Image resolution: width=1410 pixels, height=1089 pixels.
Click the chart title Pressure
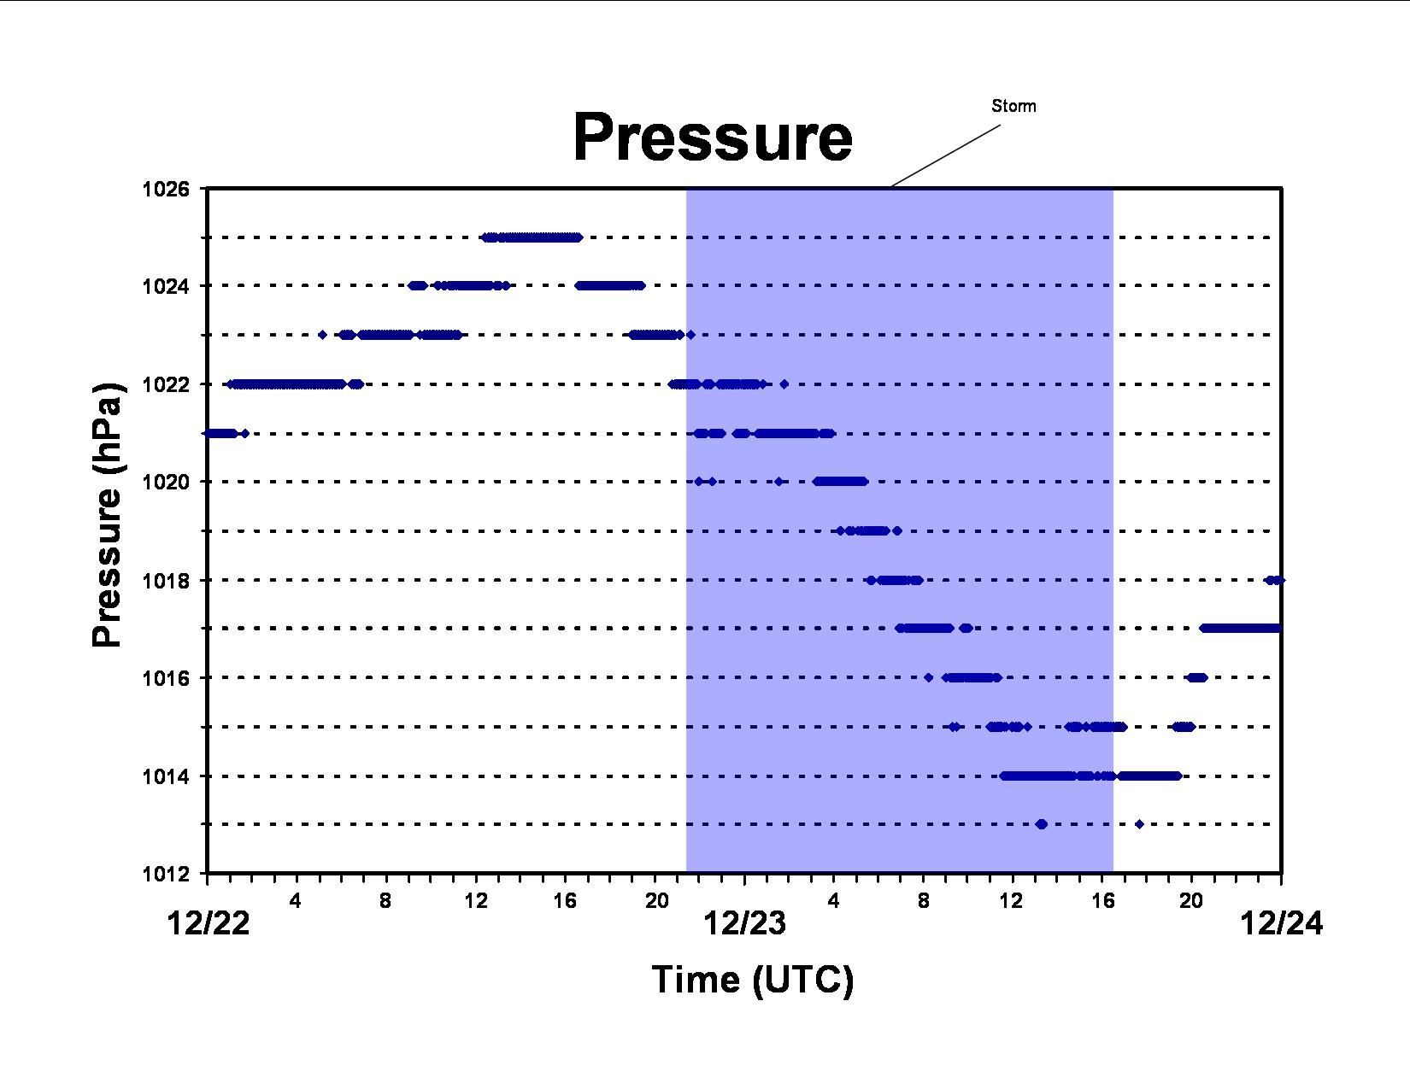(x=713, y=138)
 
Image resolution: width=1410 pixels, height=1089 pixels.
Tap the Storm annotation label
(x=1013, y=106)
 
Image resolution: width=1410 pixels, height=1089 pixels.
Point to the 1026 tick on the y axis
(x=166, y=190)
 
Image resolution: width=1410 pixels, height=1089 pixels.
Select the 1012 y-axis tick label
(x=166, y=875)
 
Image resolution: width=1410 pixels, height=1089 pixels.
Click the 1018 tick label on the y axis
(x=166, y=581)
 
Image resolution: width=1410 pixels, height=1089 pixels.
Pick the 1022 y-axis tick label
(x=166, y=384)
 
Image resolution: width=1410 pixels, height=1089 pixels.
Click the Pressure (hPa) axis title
(x=107, y=515)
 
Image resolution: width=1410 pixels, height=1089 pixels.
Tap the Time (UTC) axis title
(x=753, y=980)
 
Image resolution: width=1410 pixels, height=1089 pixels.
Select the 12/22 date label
(x=209, y=923)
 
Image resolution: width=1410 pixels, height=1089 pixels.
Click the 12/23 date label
(x=745, y=923)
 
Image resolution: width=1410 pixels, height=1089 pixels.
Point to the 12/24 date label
(x=1282, y=923)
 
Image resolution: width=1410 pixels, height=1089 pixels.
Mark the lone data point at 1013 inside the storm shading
(x=1042, y=824)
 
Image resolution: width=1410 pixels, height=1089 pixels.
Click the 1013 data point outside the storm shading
(x=1139, y=824)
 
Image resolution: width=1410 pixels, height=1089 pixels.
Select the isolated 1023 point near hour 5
(x=322, y=335)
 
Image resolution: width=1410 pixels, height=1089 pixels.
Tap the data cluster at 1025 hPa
(x=532, y=237)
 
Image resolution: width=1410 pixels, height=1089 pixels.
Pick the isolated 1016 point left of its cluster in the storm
(x=929, y=678)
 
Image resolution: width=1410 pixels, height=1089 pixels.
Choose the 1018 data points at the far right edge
(x=1275, y=580)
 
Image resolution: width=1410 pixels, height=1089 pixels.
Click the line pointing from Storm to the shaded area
(x=945, y=155)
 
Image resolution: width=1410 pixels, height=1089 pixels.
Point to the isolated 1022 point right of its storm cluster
(x=784, y=384)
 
